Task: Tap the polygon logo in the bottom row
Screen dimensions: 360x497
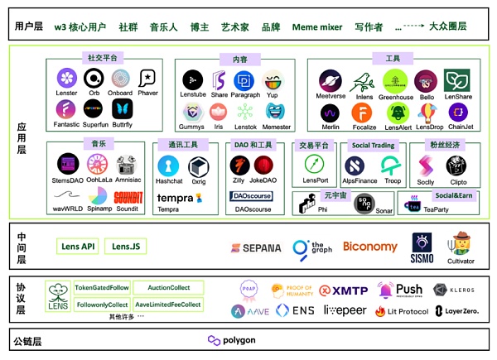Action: click(231, 341)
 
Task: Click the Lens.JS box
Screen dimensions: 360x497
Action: click(127, 247)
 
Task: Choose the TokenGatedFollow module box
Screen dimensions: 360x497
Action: click(101, 288)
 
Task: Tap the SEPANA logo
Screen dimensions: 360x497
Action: click(256, 247)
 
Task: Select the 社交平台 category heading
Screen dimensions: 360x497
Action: click(102, 59)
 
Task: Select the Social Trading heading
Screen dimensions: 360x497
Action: click(373, 146)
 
